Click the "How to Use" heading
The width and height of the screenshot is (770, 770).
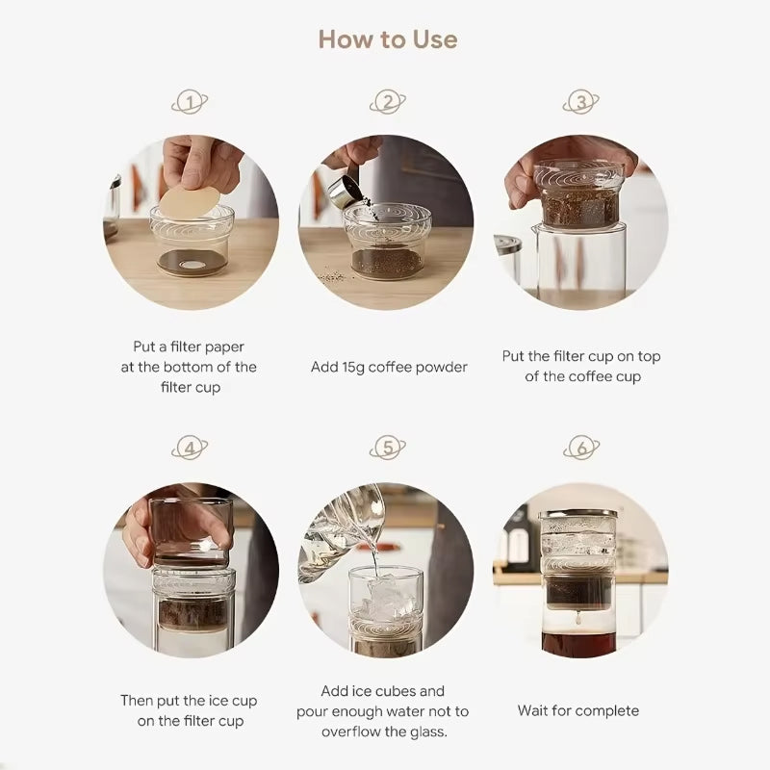tap(388, 39)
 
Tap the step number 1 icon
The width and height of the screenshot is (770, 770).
tap(190, 102)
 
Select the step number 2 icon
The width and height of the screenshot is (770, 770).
tap(388, 102)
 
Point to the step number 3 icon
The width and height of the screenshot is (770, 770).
tap(581, 102)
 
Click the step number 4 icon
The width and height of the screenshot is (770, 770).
tap(190, 448)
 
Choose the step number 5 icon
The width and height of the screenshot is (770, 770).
tap(388, 448)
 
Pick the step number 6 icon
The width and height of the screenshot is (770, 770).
tap(581, 448)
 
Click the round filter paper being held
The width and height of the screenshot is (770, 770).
tap(190, 202)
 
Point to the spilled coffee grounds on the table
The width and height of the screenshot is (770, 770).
tap(334, 276)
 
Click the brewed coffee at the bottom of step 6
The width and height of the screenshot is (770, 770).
tap(578, 645)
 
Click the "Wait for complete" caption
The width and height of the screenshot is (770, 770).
tap(578, 711)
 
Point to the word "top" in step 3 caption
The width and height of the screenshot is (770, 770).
tap(649, 357)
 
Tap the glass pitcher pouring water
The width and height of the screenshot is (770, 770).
tap(344, 533)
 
